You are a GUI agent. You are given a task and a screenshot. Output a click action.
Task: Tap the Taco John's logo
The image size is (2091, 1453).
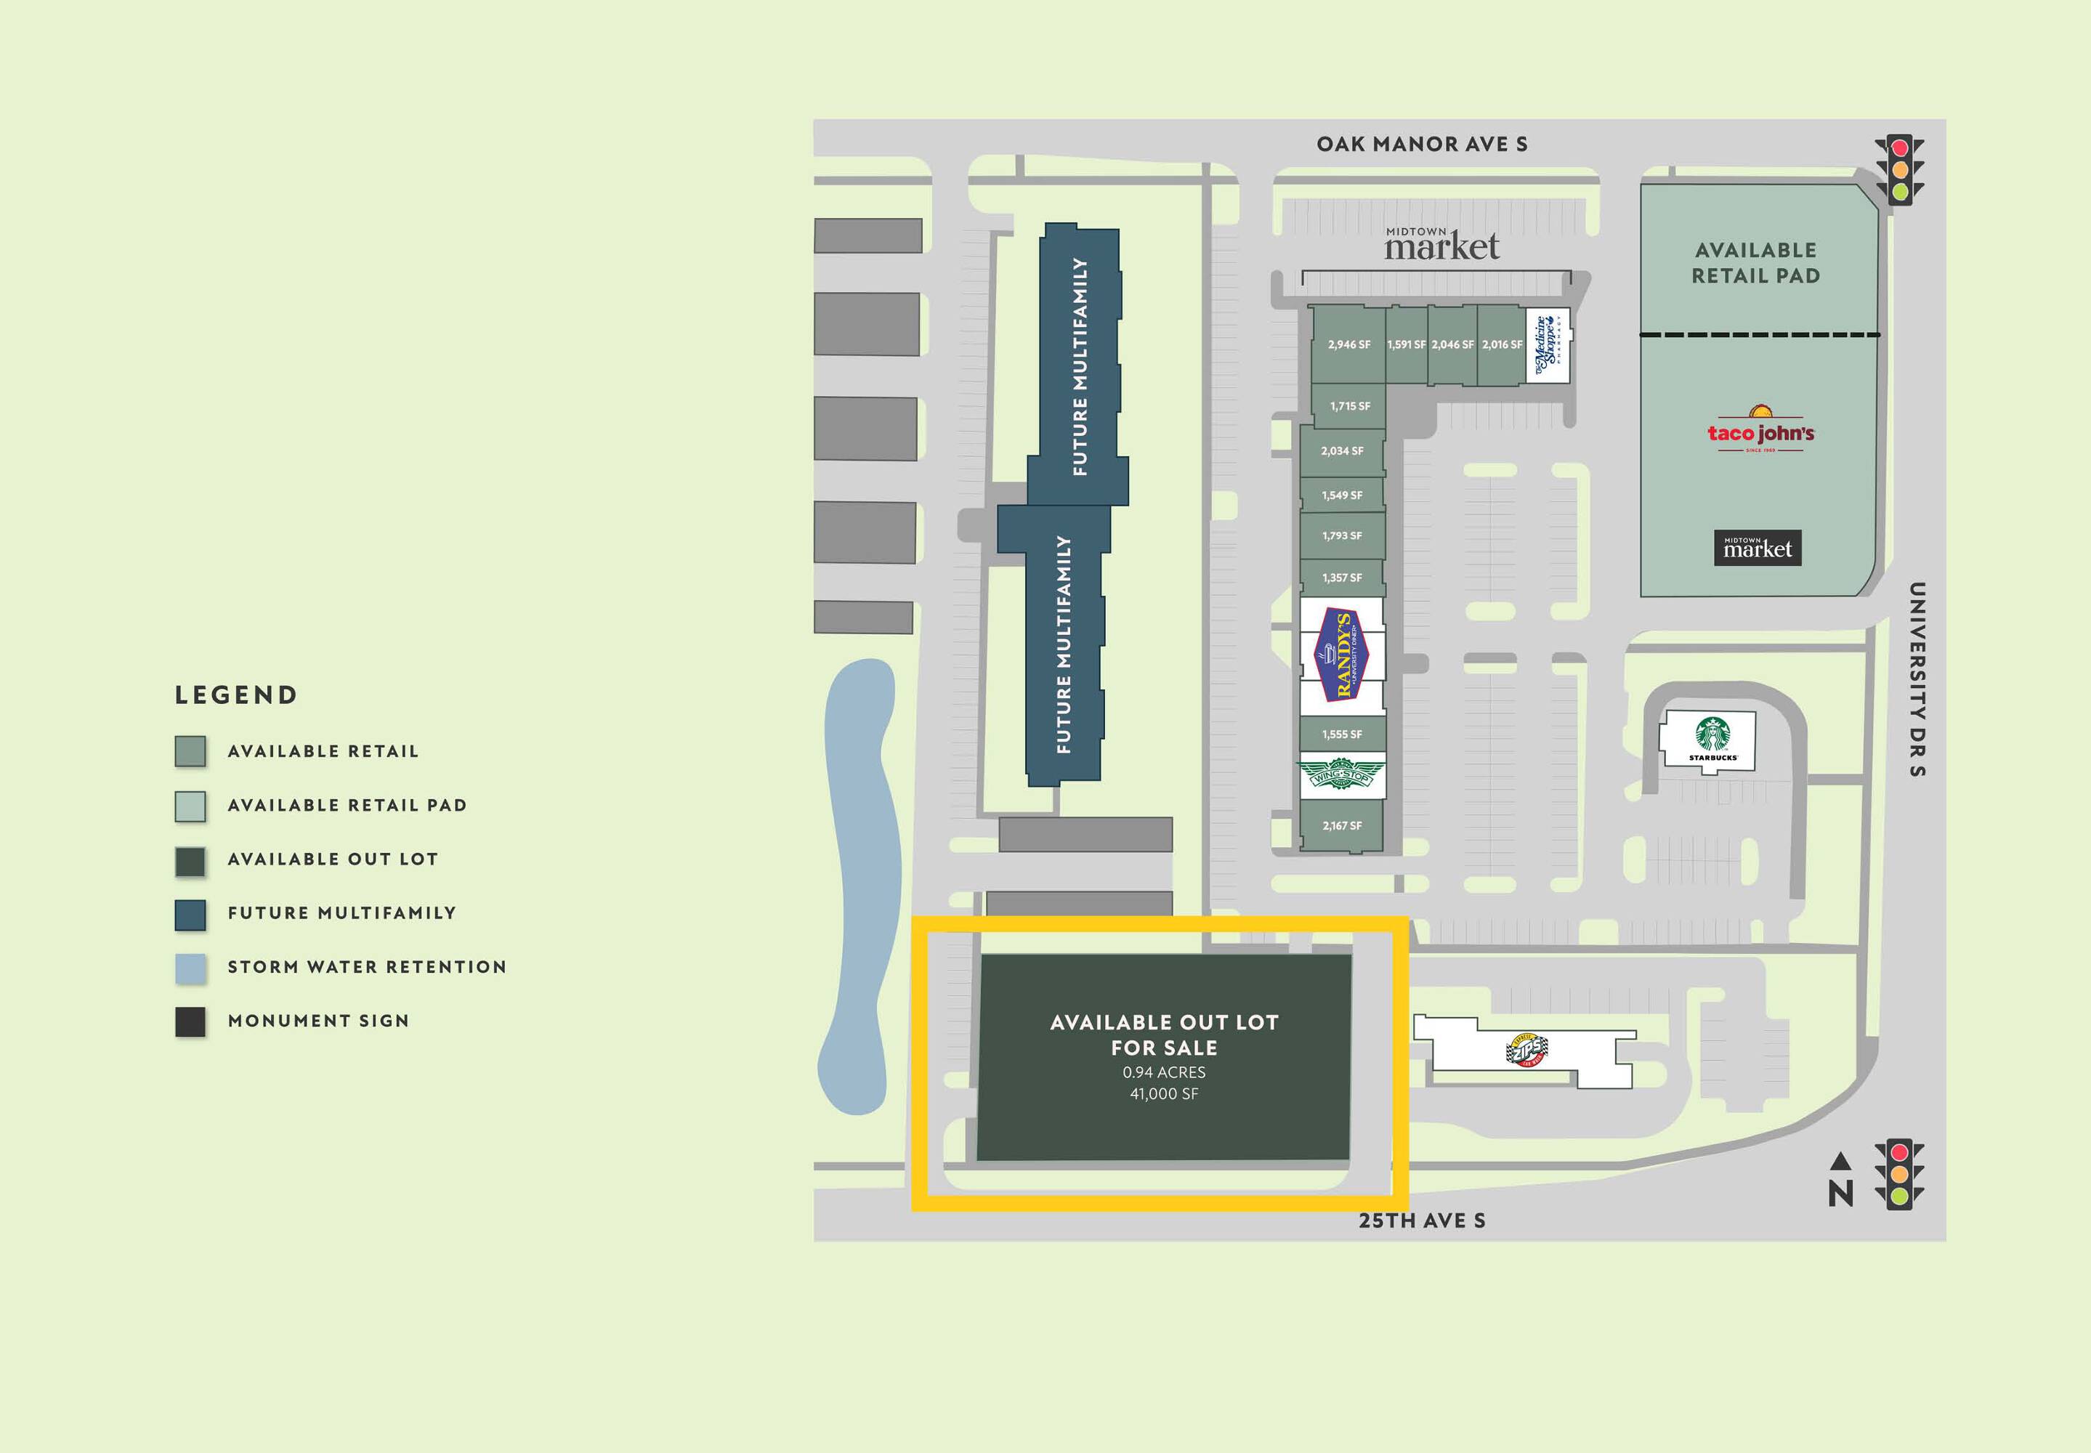(1760, 429)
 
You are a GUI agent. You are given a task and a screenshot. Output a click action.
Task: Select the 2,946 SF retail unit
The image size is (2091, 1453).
(1348, 344)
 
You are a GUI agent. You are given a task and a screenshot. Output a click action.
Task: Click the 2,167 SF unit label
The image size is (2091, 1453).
(1342, 826)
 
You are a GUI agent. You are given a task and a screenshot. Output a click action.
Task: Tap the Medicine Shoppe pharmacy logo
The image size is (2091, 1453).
(1548, 345)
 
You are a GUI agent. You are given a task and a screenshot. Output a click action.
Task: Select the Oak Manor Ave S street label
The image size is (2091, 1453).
(1422, 144)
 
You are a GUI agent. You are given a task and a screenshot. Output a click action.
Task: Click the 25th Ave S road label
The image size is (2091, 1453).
(1422, 1221)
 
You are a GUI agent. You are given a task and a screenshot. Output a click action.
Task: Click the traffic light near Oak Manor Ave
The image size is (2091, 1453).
(1899, 169)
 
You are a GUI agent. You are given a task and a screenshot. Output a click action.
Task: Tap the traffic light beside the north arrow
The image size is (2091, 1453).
(1899, 1175)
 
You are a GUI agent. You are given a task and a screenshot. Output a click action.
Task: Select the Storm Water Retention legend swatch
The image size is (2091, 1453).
(190, 968)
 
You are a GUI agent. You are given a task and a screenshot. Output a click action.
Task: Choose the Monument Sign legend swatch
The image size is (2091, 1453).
(190, 1022)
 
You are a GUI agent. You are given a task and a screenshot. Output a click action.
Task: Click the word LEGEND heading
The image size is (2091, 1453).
(237, 695)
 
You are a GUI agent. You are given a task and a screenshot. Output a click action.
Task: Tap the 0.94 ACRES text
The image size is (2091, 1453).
(1163, 1072)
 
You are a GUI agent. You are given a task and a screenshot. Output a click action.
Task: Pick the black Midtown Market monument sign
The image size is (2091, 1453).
(1757, 548)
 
